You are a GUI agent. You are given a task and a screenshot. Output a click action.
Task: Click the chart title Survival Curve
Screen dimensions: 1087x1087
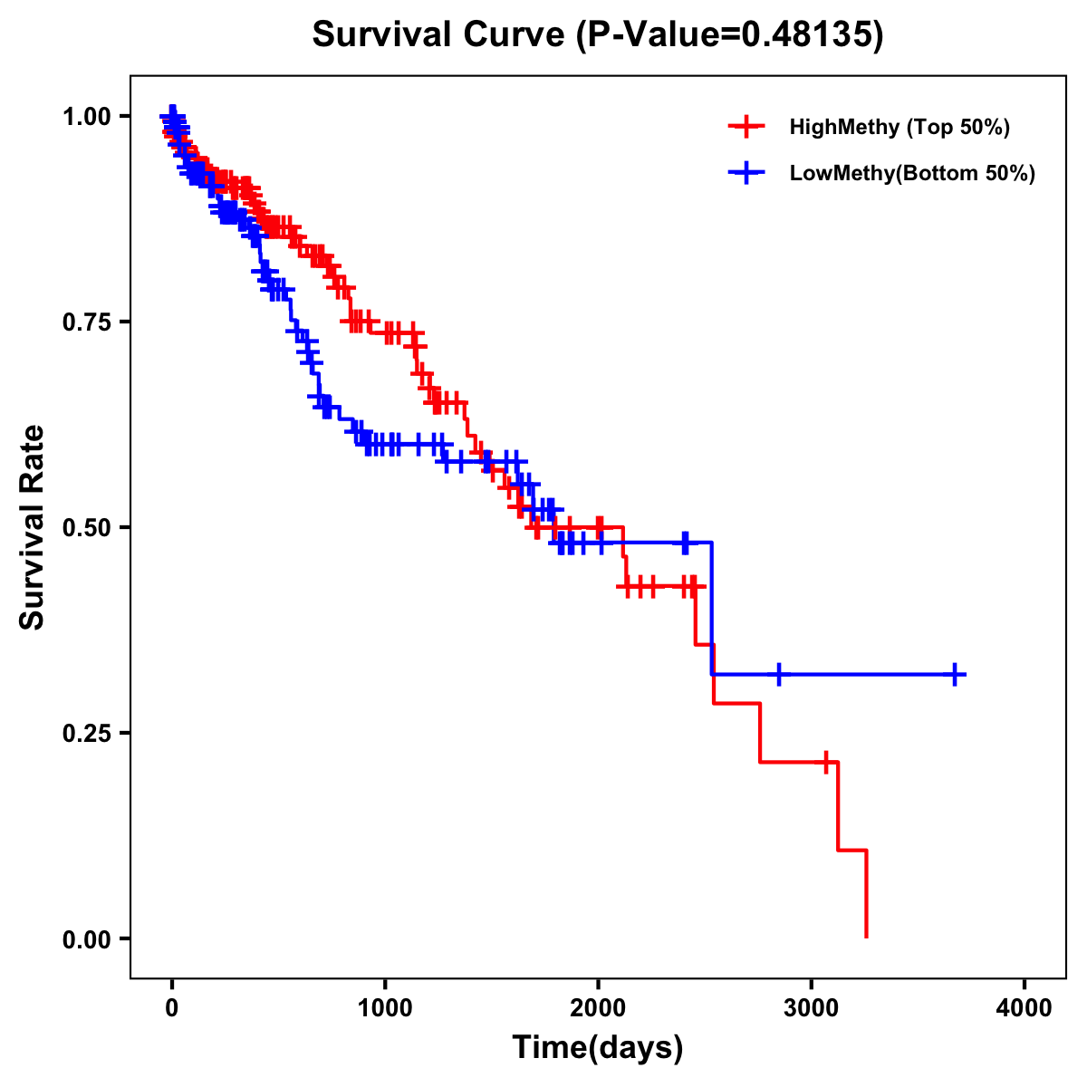point(597,34)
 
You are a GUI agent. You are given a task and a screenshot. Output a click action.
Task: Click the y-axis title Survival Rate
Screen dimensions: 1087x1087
point(33,526)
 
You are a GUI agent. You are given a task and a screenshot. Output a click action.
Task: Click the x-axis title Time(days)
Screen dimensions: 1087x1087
point(597,1047)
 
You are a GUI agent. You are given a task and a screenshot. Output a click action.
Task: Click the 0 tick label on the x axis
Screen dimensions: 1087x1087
point(172,1008)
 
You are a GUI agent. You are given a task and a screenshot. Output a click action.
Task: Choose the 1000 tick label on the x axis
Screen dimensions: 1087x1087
point(385,1008)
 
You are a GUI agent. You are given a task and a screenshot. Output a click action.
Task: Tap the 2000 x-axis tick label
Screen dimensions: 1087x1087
point(598,1008)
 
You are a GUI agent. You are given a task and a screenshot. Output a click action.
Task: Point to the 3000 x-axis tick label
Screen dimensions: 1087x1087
point(812,1008)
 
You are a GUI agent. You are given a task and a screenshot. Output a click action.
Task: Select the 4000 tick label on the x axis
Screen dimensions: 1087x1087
point(1024,1008)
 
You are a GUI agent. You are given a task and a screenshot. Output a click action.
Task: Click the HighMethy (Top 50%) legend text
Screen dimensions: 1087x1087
point(899,127)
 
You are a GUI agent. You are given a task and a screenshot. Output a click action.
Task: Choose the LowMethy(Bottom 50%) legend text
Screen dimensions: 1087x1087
point(911,173)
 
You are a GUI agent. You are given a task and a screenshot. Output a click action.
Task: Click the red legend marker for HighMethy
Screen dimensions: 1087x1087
point(746,127)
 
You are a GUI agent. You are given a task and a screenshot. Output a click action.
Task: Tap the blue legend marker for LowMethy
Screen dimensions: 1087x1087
point(746,173)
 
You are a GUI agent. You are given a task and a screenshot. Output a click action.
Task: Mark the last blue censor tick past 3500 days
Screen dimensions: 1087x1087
point(955,675)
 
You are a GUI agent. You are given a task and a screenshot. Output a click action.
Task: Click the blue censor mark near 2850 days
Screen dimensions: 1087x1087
point(778,675)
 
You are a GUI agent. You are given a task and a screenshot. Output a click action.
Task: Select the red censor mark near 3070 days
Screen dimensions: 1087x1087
point(826,762)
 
